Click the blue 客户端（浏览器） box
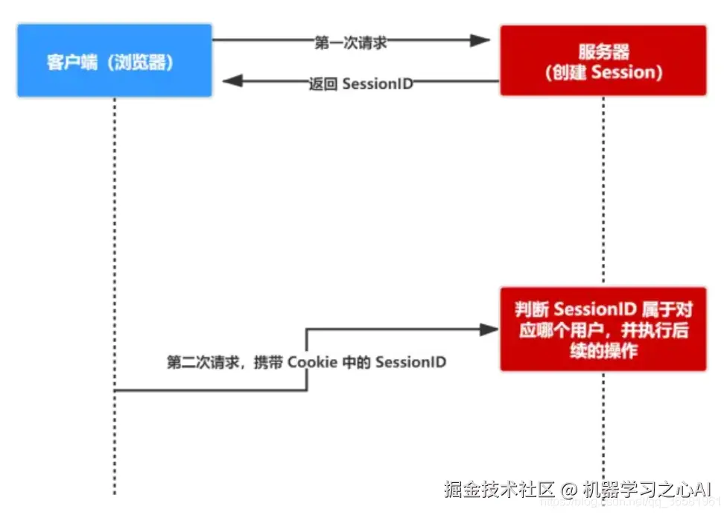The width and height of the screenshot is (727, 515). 114,61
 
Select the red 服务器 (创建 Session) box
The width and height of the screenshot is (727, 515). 603,61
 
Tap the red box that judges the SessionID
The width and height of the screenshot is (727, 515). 603,329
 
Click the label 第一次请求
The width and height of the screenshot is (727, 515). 350,42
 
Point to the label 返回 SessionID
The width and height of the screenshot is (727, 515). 361,83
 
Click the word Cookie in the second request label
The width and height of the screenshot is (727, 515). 312,363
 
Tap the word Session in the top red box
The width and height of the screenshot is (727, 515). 626,72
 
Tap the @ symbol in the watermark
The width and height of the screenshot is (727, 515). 570,490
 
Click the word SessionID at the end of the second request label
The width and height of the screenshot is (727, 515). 410,363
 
